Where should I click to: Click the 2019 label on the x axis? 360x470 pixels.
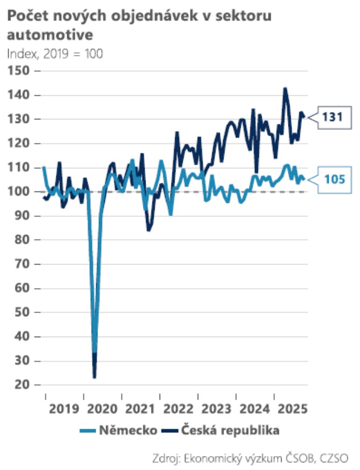coord(64,408)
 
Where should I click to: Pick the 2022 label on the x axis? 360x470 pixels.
coord(178,408)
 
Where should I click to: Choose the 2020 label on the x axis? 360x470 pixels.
coord(102,408)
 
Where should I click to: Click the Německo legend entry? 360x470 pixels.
coord(119,430)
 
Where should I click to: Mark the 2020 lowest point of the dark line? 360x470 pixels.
coord(95,377)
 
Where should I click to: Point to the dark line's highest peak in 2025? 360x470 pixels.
coord(285,88)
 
